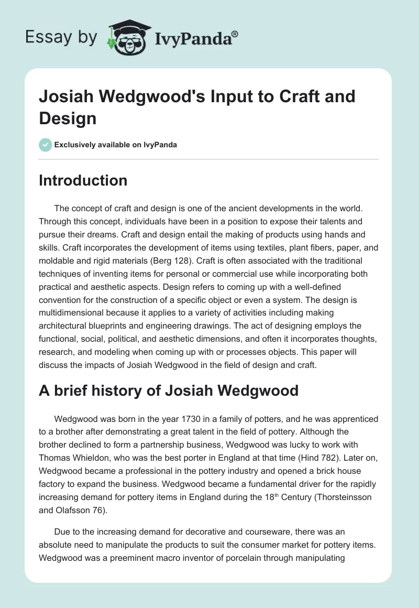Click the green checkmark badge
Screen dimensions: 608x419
click(45, 145)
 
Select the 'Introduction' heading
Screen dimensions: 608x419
click(83, 180)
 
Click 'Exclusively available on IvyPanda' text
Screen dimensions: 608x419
click(116, 145)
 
